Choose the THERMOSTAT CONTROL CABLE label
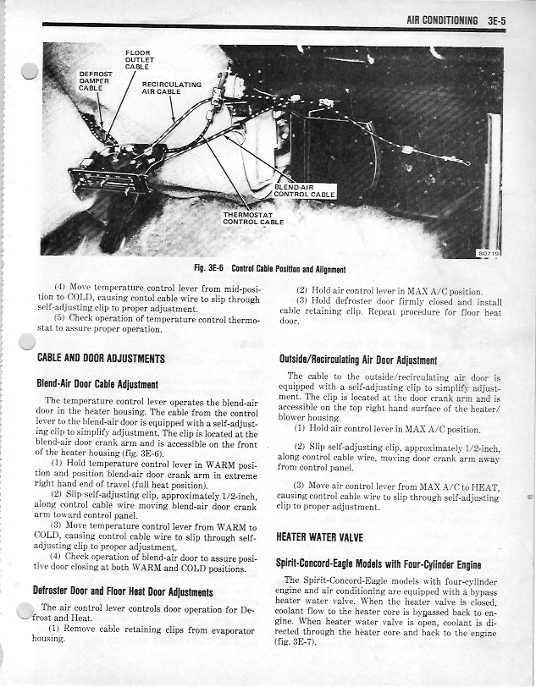click(251, 218)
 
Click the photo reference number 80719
click(488, 252)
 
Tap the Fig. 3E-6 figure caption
click(269, 269)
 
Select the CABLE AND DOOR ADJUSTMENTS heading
click(101, 359)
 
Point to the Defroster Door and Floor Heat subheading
click(122, 591)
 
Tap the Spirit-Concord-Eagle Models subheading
click(379, 563)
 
